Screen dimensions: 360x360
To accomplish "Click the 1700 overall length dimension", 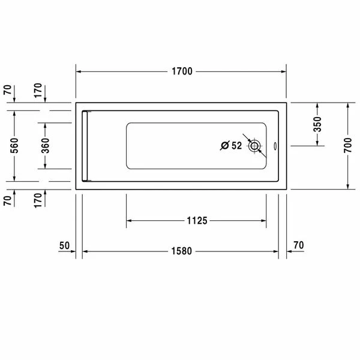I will click(181, 72).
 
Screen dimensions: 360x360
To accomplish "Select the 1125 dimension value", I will click(196, 221).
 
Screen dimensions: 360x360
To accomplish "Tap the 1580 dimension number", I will click(180, 251).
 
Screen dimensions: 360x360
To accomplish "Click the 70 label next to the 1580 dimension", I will click(298, 245).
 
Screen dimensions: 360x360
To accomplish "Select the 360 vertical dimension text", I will click(46, 145).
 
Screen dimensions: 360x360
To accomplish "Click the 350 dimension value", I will click(318, 124).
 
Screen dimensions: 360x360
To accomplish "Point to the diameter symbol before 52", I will click(224, 145).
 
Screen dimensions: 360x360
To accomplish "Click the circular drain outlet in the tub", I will click(255, 145).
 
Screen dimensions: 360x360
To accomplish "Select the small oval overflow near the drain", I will click(275, 145).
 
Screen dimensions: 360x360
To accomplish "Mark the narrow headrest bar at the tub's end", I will click(86, 145).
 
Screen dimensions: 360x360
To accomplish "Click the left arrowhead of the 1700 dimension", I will click(79, 72).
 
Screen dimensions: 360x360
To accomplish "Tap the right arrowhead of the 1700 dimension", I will click(283, 72).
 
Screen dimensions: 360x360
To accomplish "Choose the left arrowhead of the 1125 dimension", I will click(128, 221).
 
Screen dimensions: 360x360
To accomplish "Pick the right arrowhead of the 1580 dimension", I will click(275, 251).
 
